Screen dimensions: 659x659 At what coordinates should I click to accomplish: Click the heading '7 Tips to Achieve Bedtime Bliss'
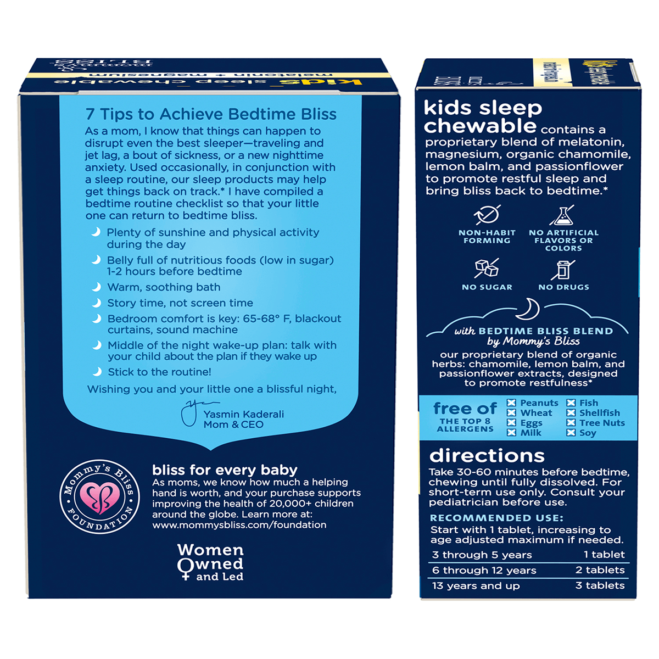pos(211,114)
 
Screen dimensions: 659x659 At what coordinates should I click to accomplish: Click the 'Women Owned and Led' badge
pos(210,562)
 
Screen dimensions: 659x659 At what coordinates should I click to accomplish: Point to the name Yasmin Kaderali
pos(244,414)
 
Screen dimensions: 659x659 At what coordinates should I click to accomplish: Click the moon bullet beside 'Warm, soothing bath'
pos(97,287)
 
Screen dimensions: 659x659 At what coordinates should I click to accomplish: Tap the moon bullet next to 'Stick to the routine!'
pos(97,372)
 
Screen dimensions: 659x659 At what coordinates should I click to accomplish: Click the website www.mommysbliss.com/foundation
pos(239,525)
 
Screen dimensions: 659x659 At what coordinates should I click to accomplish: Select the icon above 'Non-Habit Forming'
pos(487,215)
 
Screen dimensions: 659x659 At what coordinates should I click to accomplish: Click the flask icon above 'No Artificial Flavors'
pos(563,215)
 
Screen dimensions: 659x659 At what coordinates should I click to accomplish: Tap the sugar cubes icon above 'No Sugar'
pos(487,268)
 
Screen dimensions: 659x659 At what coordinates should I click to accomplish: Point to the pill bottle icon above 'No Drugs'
pos(563,269)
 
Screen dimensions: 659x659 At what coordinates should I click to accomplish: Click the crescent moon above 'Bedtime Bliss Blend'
pos(529,309)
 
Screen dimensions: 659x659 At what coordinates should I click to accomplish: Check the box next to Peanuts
pos(511,403)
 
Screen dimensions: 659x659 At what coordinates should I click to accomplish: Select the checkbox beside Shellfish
pos(571,413)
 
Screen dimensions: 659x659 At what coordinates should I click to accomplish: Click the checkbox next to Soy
pos(571,433)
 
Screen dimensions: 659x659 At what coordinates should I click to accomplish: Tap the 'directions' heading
pos(487,456)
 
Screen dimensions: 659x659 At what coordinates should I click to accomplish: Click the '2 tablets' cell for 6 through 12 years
pos(600,570)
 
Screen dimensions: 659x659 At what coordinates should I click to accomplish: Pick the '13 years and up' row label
pos(476,586)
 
